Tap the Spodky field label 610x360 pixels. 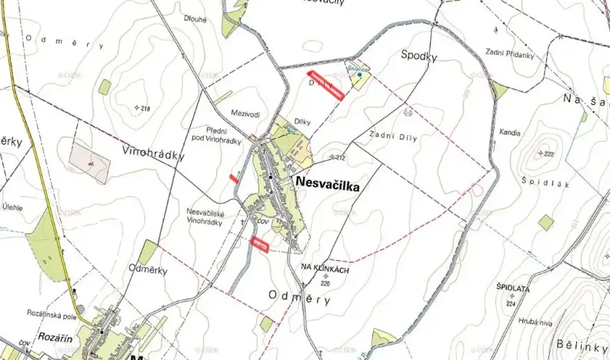tap(419, 56)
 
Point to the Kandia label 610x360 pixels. tap(509, 132)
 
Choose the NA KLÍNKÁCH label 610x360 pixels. tap(325, 270)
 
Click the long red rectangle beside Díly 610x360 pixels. tap(325, 85)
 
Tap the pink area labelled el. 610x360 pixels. tap(89, 162)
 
